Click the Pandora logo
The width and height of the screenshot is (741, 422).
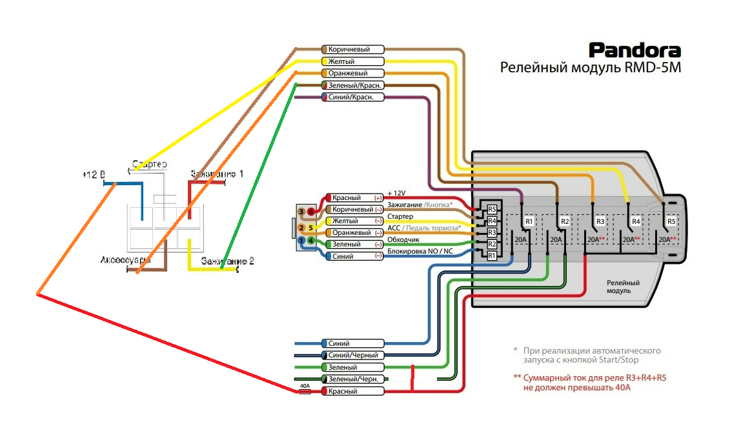coord(634,50)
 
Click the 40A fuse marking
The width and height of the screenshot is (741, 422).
coord(305,386)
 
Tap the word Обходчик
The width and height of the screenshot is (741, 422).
coord(404,240)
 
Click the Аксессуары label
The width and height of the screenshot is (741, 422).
coord(125,260)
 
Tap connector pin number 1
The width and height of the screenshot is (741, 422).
coord(301,241)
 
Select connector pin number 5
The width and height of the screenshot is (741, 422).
coord(311,227)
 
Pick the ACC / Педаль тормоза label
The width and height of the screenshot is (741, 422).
coord(423,228)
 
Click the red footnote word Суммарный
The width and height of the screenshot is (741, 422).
coord(546,377)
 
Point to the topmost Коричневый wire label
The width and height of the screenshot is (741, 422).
coord(352,50)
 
